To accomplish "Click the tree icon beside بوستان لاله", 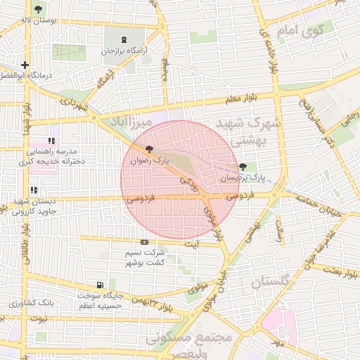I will tap(37, 10).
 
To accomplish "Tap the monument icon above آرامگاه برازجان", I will tap(124, 39).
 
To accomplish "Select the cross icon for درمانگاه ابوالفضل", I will tap(25, 65).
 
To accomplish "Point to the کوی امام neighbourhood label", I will tap(300, 32).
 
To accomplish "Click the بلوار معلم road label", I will tap(243, 100).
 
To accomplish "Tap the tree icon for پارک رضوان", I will tap(148, 149).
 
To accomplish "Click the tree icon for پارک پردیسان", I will tap(243, 167).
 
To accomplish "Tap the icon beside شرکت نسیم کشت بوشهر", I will tap(144, 242).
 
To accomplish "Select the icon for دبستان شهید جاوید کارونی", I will tap(33, 190).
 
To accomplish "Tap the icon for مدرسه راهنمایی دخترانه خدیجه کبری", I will tap(51, 141).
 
